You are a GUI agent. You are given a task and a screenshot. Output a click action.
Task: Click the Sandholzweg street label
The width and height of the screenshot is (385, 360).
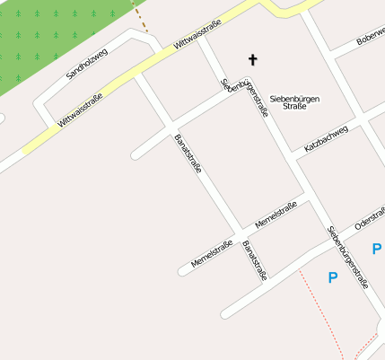[x=87, y=64]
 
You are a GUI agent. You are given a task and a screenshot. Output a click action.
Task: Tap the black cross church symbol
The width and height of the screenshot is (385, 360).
[x=252, y=60]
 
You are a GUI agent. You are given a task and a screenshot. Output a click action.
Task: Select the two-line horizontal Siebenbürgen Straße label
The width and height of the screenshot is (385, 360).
[x=294, y=101]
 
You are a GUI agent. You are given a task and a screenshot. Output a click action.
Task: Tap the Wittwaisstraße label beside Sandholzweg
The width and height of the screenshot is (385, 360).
[x=80, y=110]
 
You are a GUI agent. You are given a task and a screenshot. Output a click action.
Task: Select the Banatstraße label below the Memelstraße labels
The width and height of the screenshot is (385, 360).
[x=255, y=260]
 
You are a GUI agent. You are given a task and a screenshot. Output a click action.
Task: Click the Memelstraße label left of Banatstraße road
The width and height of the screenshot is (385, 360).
[x=212, y=252]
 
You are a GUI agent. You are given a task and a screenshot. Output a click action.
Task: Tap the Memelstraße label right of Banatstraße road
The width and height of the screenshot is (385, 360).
[x=276, y=215]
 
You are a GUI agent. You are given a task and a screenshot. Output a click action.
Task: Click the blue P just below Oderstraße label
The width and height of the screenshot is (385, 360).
[x=376, y=249]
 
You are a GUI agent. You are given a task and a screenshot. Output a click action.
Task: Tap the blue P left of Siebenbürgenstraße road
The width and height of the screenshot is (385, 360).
[x=333, y=278]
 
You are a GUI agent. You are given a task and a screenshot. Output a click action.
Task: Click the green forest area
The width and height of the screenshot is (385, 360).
[x=54, y=36]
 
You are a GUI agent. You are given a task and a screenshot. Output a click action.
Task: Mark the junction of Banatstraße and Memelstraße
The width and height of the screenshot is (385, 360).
[x=241, y=230]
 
